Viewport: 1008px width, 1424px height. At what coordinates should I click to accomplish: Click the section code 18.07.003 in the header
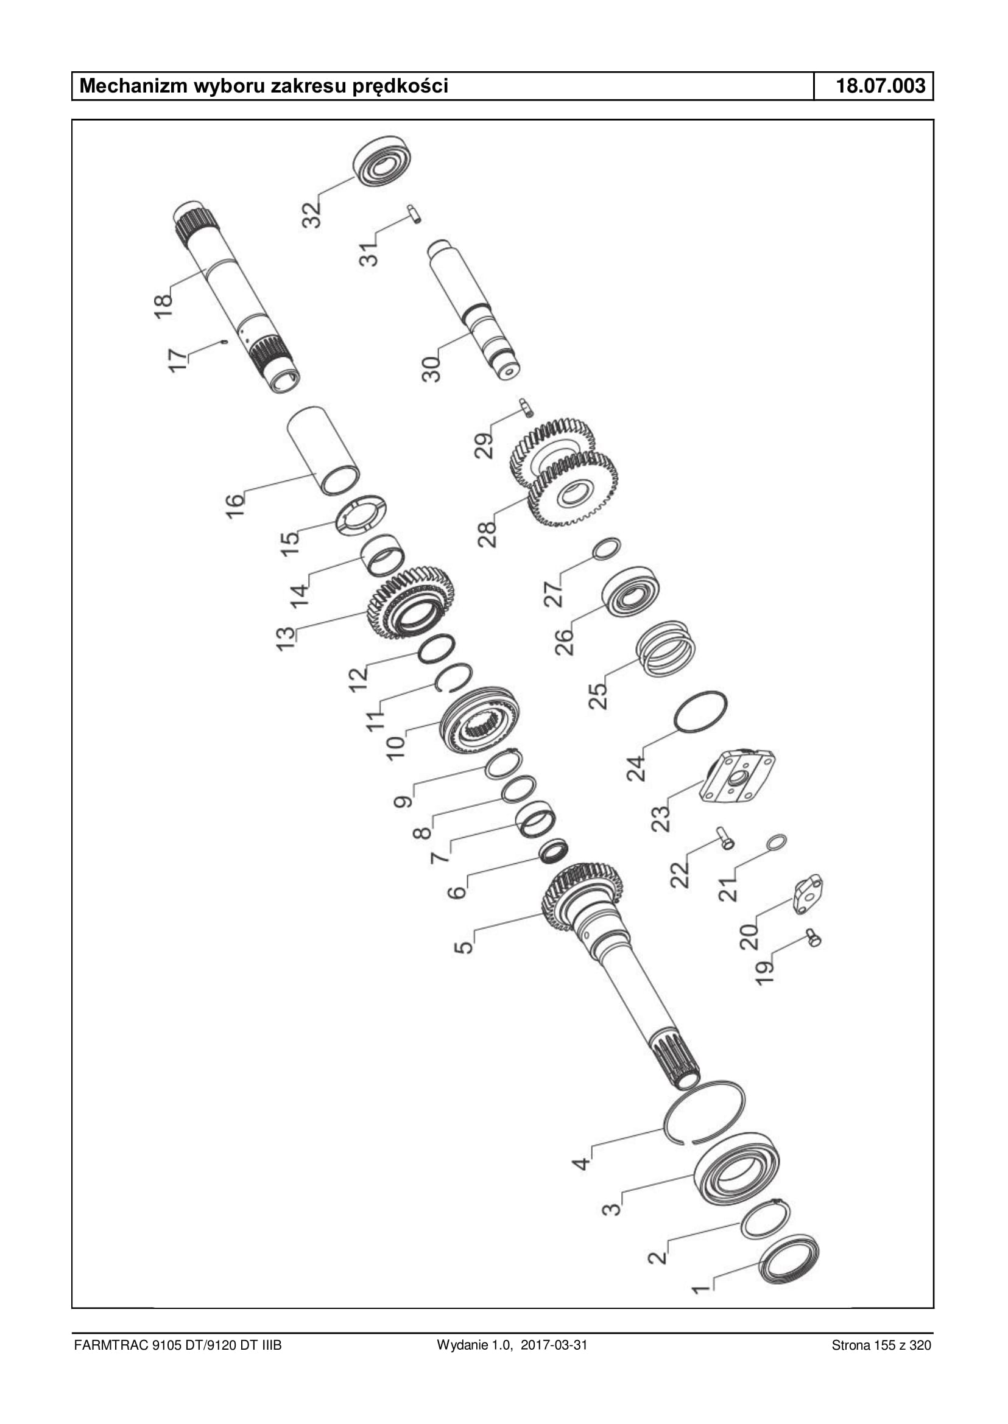tap(881, 86)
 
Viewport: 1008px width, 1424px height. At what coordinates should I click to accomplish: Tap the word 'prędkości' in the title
tap(400, 87)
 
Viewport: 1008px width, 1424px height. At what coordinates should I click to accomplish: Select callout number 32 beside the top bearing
tap(312, 212)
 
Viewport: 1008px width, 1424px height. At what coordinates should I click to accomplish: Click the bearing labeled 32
tap(383, 161)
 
